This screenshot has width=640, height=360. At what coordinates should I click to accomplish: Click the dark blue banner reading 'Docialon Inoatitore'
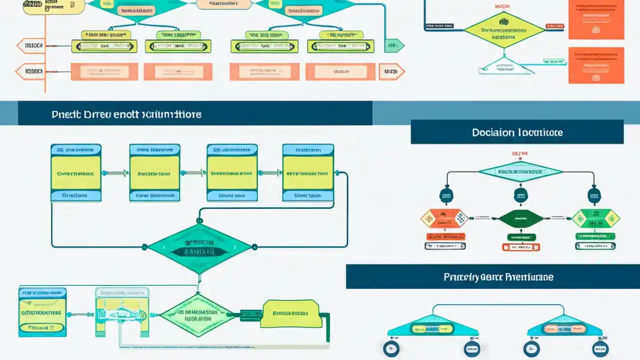pyautogui.click(x=517, y=132)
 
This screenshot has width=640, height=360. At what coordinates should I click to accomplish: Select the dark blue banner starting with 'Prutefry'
pyautogui.click(x=492, y=276)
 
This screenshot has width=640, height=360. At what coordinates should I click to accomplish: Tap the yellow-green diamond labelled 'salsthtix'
pyautogui.click(x=503, y=30)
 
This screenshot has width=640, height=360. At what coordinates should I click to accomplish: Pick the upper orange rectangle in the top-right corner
pyautogui.click(x=596, y=20)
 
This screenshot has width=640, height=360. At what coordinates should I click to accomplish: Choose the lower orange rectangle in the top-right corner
pyautogui.click(x=596, y=65)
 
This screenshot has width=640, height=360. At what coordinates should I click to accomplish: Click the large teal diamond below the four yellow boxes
pyautogui.click(x=199, y=247)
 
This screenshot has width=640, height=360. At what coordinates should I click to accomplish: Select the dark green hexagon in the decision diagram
pyautogui.click(x=521, y=218)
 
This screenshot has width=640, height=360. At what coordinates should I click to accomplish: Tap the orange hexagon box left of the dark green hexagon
pyautogui.click(x=443, y=218)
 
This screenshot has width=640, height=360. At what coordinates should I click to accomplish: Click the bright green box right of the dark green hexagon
pyautogui.click(x=595, y=218)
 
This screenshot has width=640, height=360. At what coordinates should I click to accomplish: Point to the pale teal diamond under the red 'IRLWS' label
pyautogui.click(x=520, y=171)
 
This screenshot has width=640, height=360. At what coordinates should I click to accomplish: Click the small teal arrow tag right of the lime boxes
pyautogui.click(x=394, y=46)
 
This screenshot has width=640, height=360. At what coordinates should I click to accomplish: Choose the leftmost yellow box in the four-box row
pyautogui.click(x=76, y=173)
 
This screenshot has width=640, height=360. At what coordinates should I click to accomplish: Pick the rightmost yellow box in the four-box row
pyautogui.click(x=308, y=173)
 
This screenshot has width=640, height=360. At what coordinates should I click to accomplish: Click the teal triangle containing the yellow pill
pyautogui.click(x=432, y=327)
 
